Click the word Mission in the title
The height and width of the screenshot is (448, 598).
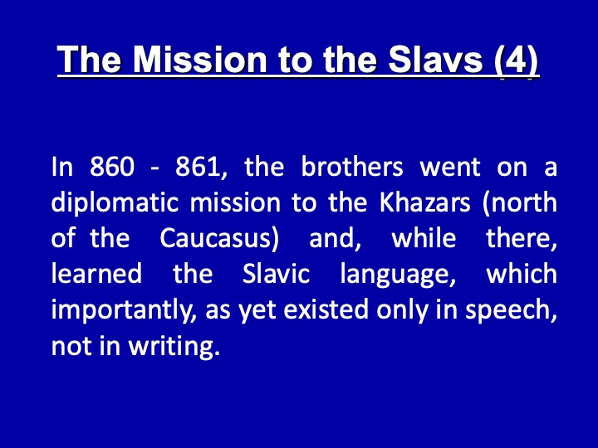pyautogui.click(x=200, y=60)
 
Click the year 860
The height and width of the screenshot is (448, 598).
pyautogui.click(x=112, y=167)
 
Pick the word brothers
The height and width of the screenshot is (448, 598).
pyautogui.click(x=352, y=166)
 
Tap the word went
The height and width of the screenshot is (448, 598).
pyautogui.click(x=450, y=167)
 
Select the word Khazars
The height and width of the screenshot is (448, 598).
pyautogui.click(x=424, y=202)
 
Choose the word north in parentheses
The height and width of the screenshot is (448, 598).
pyautogui.click(x=520, y=202)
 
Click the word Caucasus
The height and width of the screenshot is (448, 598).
pyautogui.click(x=219, y=238)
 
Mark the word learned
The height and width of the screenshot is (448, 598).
pyautogui.click(x=96, y=273)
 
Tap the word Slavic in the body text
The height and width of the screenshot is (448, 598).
pyautogui.click(x=276, y=273)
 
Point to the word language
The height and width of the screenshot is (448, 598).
pyautogui.click(x=398, y=275)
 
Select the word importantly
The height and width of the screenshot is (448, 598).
pyautogui.click(x=124, y=310)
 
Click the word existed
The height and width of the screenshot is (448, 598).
pyautogui.click(x=326, y=309)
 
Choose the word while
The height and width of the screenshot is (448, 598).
pyautogui.click(x=424, y=237)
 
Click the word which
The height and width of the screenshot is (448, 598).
pyautogui.click(x=522, y=273)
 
